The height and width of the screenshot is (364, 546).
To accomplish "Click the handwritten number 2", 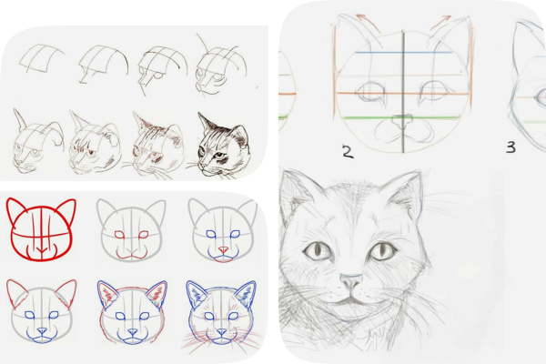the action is (x=348, y=152).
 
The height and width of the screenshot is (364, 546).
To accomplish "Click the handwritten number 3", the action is (x=511, y=147).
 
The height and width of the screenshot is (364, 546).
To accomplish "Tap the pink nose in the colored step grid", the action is (x=223, y=249).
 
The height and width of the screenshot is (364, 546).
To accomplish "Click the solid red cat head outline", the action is (x=42, y=229).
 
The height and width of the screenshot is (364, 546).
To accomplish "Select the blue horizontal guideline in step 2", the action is (x=403, y=53).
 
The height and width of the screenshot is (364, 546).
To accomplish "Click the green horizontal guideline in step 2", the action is (x=400, y=118).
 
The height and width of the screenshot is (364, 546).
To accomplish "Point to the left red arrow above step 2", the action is (x=369, y=22).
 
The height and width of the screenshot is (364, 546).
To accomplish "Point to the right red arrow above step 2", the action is (x=440, y=22).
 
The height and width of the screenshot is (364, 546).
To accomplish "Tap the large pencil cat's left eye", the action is (x=318, y=250).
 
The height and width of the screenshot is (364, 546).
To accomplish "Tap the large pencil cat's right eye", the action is (x=383, y=250).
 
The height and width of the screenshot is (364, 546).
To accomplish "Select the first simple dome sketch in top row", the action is (x=42, y=58).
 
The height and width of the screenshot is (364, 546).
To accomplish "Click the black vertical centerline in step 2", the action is (x=403, y=91).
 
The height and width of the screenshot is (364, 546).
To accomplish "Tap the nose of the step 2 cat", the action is (x=402, y=121).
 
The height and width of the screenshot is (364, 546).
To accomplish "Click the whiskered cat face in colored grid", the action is (x=221, y=316).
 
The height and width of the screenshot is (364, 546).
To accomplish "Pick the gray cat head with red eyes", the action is (x=132, y=229).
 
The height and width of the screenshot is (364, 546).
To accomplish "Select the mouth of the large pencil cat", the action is (x=351, y=299).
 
